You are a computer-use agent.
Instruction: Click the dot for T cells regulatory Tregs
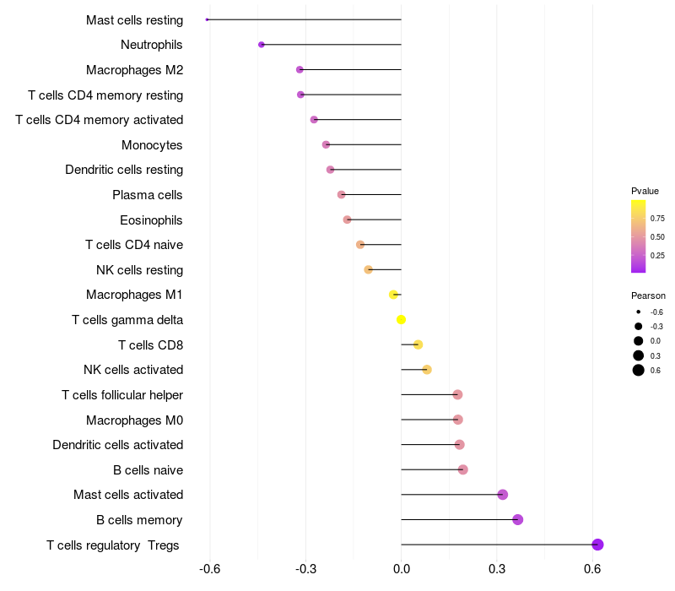point(597,545)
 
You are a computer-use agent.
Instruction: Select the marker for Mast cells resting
point(208,19)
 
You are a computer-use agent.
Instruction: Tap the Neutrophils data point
point(262,45)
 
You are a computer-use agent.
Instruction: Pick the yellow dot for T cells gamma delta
point(402,319)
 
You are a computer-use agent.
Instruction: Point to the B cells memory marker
point(518,519)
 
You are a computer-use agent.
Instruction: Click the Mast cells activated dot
point(503,495)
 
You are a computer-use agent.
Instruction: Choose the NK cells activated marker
point(427,370)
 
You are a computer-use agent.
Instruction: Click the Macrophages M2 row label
point(134,70)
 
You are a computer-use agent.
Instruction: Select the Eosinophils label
point(151,220)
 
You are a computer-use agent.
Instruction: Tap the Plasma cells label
point(147,195)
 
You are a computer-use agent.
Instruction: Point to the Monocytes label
point(152,145)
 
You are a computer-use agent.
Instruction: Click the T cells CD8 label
point(150,345)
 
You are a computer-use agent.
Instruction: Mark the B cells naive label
point(148,470)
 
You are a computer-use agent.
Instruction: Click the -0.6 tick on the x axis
point(209,569)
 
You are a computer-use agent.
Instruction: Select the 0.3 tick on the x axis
point(497,569)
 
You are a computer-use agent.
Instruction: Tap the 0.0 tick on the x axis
point(402,569)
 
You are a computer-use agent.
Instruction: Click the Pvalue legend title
point(645,191)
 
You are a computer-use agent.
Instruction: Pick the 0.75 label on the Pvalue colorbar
point(657,218)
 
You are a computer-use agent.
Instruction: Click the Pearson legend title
point(648,295)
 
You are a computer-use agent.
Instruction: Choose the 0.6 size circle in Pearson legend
point(639,371)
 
